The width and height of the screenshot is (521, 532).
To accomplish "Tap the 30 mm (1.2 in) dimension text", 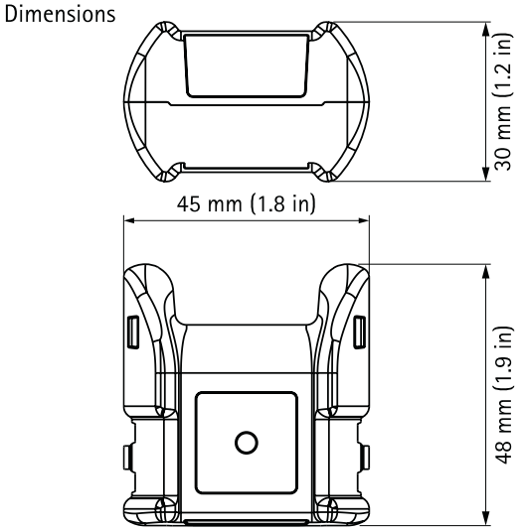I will tap(504, 100).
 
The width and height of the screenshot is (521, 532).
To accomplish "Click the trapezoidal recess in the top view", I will tap(245, 63).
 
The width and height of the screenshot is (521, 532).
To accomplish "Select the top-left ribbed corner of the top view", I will tap(155, 36).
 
